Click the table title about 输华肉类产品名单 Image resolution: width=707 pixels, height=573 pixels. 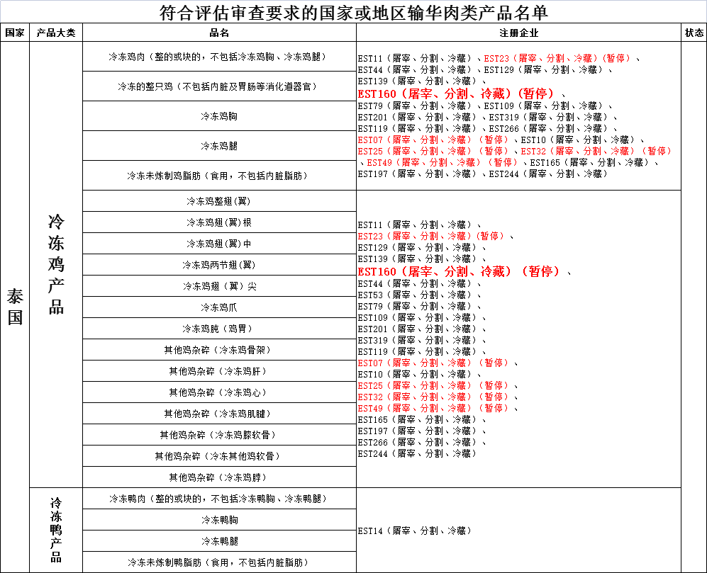pyautogui.click(x=353, y=13)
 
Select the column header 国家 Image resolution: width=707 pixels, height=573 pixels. pyautogui.click(x=15, y=33)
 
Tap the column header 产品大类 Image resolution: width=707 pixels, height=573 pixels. pyautogui.click(x=56, y=33)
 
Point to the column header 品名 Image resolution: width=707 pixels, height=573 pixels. pyautogui.click(x=219, y=33)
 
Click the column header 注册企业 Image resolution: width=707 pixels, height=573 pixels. pyautogui.click(x=518, y=33)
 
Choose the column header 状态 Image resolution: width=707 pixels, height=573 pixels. pyautogui.click(x=694, y=33)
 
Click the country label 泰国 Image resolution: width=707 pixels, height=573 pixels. pyautogui.click(x=15, y=307)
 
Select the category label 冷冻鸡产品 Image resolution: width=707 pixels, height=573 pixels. pyautogui.click(x=56, y=264)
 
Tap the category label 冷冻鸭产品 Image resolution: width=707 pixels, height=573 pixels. pyautogui.click(x=56, y=530)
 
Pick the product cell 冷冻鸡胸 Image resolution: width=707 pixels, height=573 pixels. pyautogui.click(x=219, y=116)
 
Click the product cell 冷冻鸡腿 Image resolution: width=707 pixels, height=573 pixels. pyautogui.click(x=219, y=146)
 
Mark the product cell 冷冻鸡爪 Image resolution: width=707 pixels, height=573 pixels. pyautogui.click(x=219, y=307)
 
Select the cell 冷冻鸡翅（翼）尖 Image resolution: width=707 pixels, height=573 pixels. pyautogui.click(x=219, y=286)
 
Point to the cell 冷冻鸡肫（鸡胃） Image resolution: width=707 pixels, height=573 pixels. pyautogui.click(x=219, y=329)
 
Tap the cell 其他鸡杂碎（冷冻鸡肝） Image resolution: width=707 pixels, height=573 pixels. pyautogui.click(x=219, y=371)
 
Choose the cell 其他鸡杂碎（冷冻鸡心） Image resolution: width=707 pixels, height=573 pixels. pyautogui.click(x=219, y=392)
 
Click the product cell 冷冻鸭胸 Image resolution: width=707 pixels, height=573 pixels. pyautogui.click(x=219, y=520)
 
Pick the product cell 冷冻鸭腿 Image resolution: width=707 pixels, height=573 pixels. pyautogui.click(x=219, y=541)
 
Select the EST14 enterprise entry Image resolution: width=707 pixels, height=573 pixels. pyautogui.click(x=415, y=531)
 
